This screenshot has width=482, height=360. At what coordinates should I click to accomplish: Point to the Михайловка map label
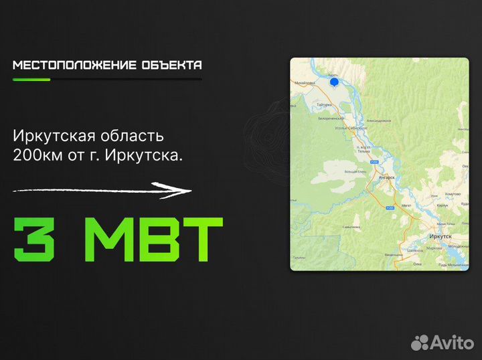[x=305, y=83]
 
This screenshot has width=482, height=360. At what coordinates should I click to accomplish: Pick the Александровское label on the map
[x=378, y=120]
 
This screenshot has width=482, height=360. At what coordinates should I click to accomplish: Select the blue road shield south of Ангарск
[x=388, y=209]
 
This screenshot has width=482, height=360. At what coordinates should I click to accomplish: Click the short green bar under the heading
[x=31, y=80]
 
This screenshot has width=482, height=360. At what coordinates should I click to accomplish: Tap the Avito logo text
[x=452, y=342]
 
